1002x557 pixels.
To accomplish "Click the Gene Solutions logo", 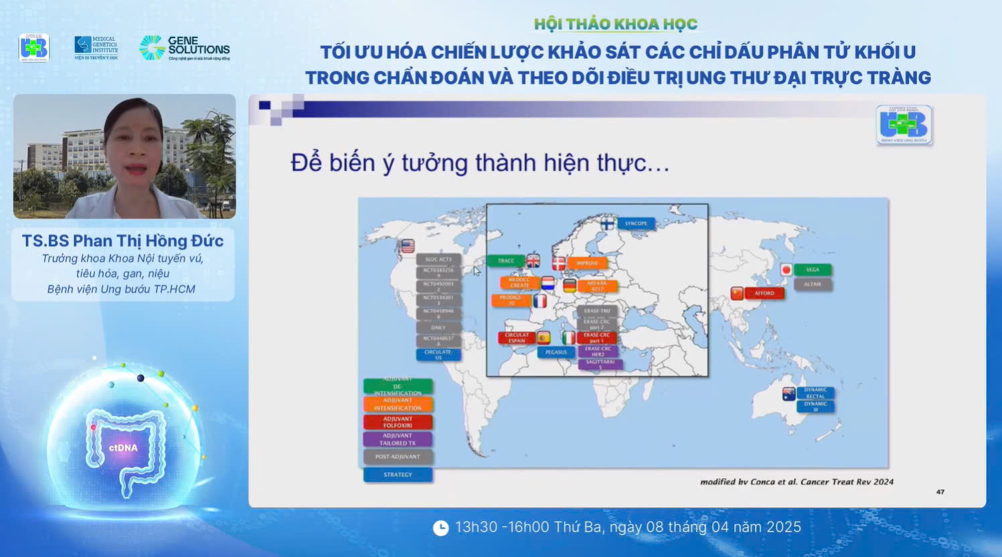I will tap(184, 48).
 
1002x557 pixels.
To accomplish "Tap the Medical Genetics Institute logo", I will tap(96, 48).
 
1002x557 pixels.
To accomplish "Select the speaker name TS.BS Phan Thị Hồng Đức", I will tap(122, 241).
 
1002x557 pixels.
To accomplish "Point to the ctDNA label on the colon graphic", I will tap(123, 447).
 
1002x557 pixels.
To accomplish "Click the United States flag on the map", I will tap(407, 246).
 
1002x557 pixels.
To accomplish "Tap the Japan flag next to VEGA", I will tap(786, 269).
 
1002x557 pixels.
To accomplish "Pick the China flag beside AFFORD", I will tap(736, 293).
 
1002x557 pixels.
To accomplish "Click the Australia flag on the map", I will tap(789, 394).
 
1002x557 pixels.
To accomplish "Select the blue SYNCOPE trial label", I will tap(635, 223).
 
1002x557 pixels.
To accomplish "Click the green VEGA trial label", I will tap(813, 269).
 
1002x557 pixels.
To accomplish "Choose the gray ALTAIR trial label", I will tap(813, 284).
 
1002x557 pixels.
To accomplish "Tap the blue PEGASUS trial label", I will tap(556, 352).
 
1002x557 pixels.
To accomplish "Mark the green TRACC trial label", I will tap(506, 261).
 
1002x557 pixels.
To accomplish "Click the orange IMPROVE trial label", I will tap(587, 263).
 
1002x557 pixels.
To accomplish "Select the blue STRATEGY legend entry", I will tap(398, 475).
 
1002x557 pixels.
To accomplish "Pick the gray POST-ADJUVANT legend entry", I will tap(398, 457).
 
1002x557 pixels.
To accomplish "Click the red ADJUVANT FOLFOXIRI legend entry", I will tap(398, 422).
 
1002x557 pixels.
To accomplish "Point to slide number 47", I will tap(940, 491).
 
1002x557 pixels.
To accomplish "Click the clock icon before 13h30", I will tap(440, 528).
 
